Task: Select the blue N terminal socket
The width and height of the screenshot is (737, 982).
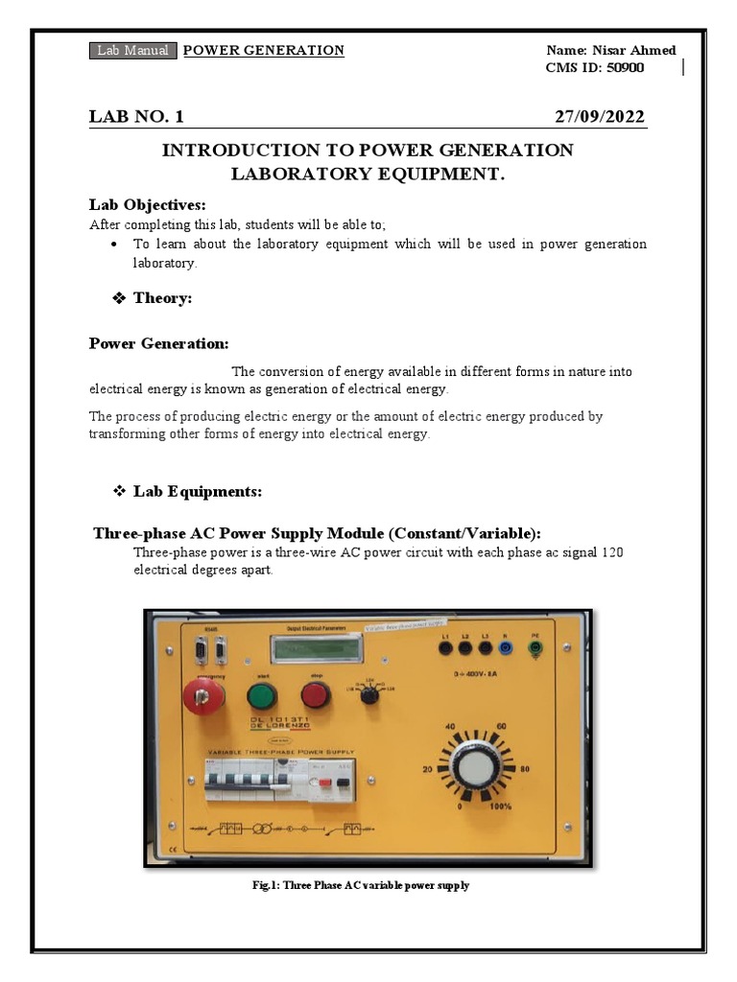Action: click(x=506, y=648)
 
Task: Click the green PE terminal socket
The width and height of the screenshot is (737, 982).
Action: click(x=536, y=648)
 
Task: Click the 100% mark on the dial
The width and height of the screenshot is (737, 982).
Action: click(x=502, y=807)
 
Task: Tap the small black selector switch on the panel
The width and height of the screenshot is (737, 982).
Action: click(x=368, y=698)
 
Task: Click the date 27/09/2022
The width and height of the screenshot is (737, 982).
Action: click(x=600, y=117)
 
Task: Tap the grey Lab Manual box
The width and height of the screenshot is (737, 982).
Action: click(x=132, y=51)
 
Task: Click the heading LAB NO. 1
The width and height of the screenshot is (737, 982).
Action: click(x=136, y=117)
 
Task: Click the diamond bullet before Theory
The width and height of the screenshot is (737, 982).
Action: click(x=120, y=298)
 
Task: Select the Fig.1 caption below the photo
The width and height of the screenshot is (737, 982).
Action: click(x=360, y=885)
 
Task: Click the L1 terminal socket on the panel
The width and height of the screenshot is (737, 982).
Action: click(x=445, y=648)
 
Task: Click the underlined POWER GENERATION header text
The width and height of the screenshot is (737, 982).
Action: click(x=263, y=51)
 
